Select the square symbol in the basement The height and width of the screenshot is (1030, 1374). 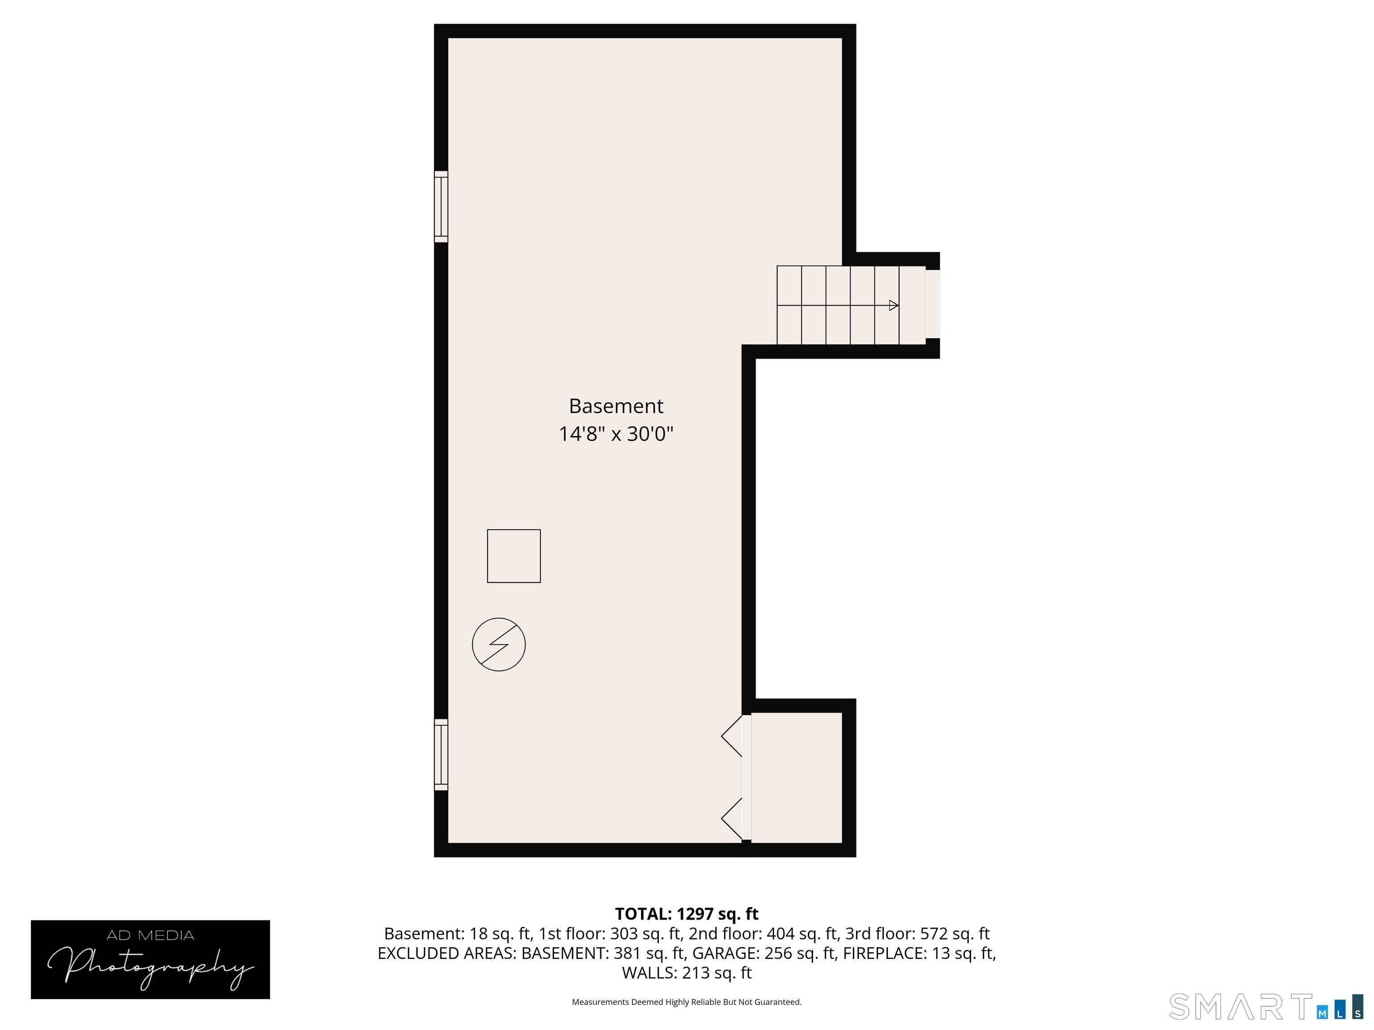tap(514, 556)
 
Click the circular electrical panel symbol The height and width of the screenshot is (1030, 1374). tap(499, 645)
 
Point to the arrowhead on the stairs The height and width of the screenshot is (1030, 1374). tap(893, 305)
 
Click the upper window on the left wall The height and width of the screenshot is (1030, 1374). tap(441, 207)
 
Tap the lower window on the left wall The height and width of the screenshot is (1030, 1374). tap(441, 754)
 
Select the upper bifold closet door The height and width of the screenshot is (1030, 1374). tap(734, 736)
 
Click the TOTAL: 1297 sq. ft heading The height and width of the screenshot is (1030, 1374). tap(687, 914)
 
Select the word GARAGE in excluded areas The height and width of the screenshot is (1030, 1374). tap(725, 953)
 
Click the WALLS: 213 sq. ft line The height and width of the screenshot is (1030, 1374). tap(687, 973)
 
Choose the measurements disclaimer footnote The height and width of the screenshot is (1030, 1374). tap(687, 1002)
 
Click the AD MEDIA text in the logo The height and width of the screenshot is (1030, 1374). tap(150, 936)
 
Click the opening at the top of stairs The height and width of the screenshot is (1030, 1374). tap(933, 304)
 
